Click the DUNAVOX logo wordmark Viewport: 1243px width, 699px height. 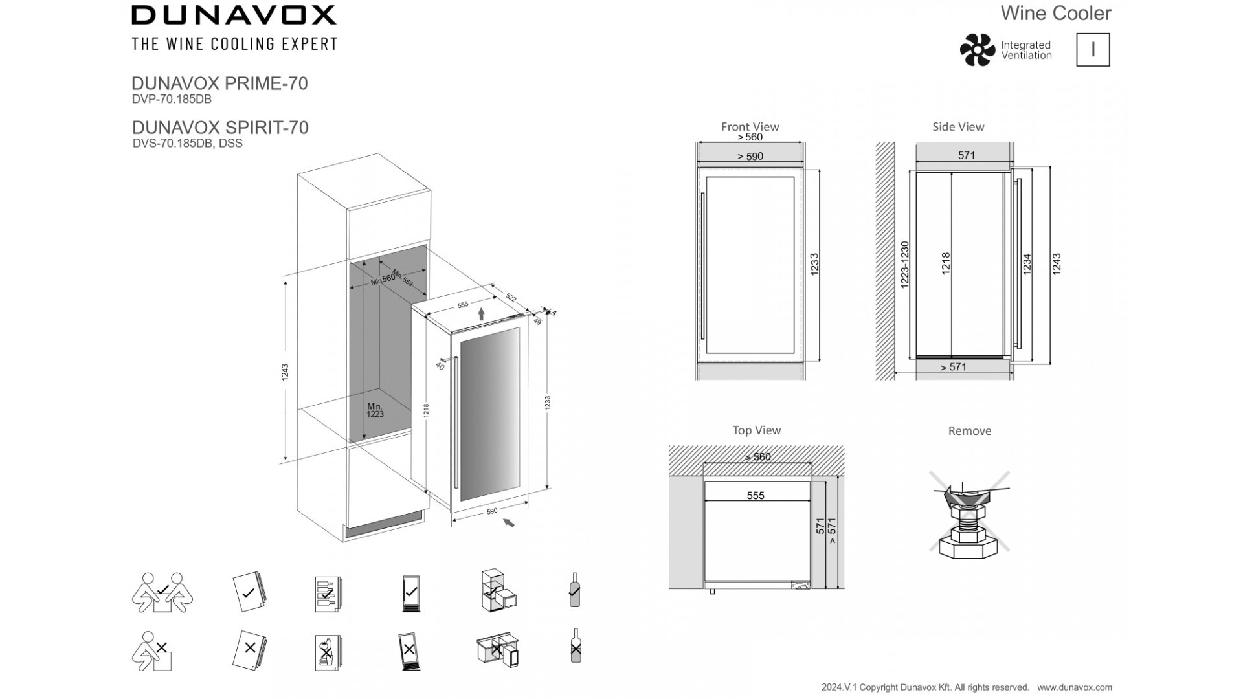click(x=234, y=15)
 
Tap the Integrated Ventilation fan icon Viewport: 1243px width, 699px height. click(x=977, y=50)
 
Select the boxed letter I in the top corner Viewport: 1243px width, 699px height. click(x=1093, y=50)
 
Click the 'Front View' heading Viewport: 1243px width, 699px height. click(x=750, y=127)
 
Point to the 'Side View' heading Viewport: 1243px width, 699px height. click(x=958, y=127)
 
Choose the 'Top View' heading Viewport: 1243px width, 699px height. click(x=756, y=430)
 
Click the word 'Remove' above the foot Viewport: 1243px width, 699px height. click(x=969, y=431)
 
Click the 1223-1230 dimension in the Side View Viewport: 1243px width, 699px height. click(x=904, y=265)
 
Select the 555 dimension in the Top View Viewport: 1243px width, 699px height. click(x=756, y=496)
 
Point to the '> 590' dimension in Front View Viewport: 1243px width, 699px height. click(x=750, y=156)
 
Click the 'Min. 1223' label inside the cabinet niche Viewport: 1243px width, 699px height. click(x=375, y=410)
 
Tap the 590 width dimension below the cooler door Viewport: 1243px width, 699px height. click(x=491, y=511)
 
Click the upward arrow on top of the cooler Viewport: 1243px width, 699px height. click(x=481, y=315)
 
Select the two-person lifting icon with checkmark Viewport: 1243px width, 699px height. click(x=162, y=592)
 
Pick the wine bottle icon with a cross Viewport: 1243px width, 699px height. click(x=575, y=646)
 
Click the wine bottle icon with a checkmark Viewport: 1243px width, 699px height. click(x=574, y=590)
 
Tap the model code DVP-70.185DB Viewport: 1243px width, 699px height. click(x=172, y=100)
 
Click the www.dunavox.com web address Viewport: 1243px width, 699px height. click(x=1074, y=687)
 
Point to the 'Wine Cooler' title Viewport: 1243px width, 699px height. click(x=1055, y=13)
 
